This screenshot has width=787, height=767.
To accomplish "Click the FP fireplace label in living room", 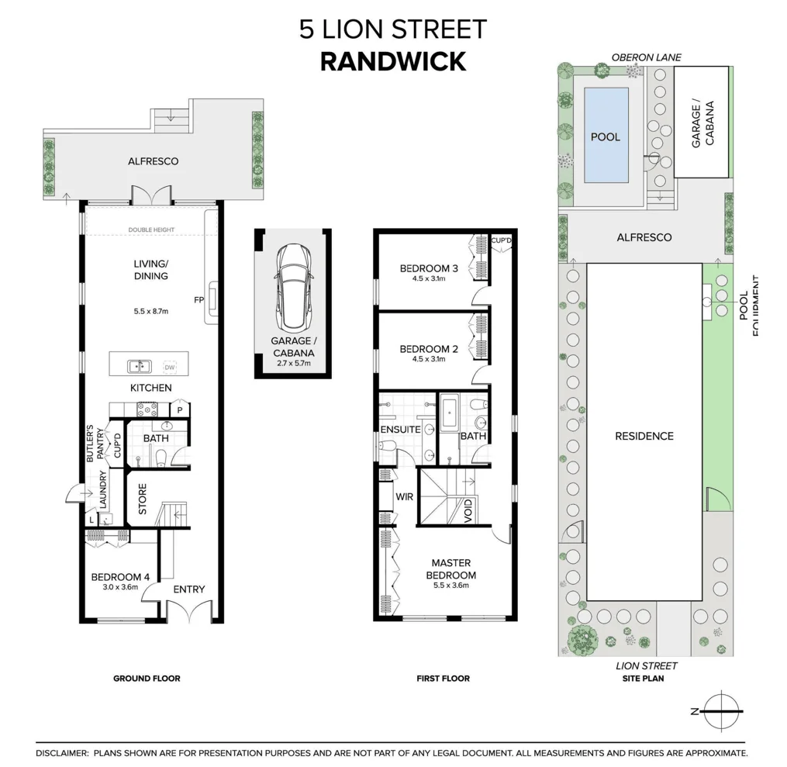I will pyautogui.click(x=199, y=300).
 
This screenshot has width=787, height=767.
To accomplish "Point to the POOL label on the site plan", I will pyautogui.click(x=606, y=136).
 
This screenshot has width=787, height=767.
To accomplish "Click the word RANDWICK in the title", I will pyautogui.click(x=393, y=61).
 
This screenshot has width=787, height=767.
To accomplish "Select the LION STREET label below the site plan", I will pyautogui.click(x=646, y=665).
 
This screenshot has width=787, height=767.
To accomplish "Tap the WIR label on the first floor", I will pyautogui.click(x=405, y=496).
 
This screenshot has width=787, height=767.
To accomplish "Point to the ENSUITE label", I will pyautogui.click(x=400, y=429).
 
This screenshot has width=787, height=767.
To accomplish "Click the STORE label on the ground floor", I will pyautogui.click(x=143, y=499).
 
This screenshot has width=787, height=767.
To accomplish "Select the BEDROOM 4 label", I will pyautogui.click(x=120, y=577).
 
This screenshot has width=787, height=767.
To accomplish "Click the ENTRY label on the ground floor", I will pyautogui.click(x=188, y=589).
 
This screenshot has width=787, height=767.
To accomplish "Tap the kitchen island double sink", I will pyautogui.click(x=140, y=365).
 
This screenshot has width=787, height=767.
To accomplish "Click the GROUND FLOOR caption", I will pyautogui.click(x=147, y=679).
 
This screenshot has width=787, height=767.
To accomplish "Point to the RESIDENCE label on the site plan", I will pyautogui.click(x=644, y=436).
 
